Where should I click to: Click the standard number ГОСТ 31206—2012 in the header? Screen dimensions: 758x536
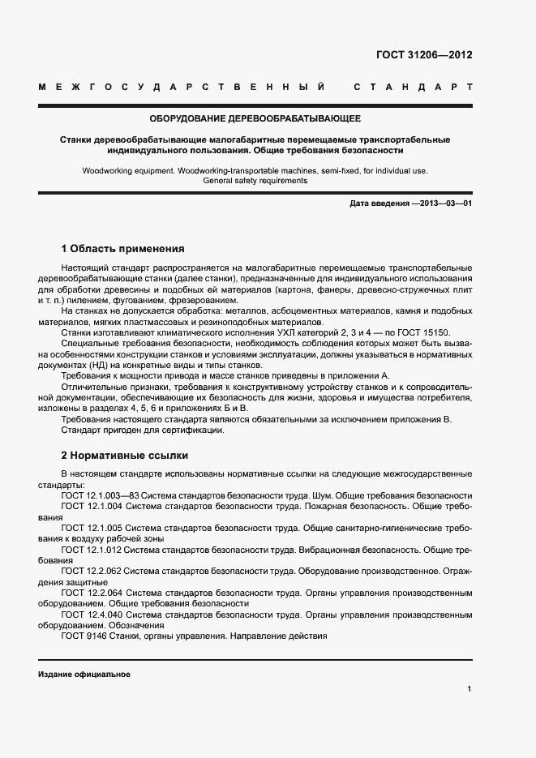tap(424, 56)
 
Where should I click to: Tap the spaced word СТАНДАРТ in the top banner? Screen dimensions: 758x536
tap(413, 86)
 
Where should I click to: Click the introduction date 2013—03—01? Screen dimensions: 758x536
tap(442, 203)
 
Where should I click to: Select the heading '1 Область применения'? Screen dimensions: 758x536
tap(123, 248)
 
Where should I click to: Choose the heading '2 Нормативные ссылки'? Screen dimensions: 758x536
tap(124, 455)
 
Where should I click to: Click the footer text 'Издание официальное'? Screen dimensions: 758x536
tap(84, 674)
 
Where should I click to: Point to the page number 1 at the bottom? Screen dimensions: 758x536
tap(470, 689)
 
